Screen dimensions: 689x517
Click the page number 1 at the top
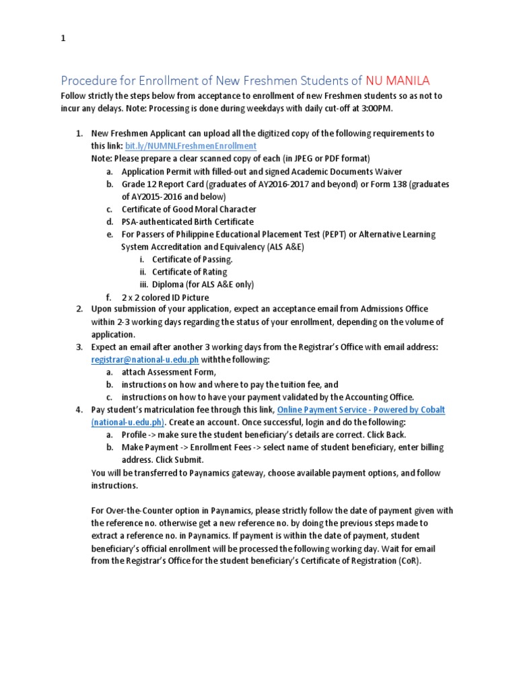pos(63,38)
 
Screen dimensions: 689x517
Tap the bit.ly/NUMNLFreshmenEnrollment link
pos(191,145)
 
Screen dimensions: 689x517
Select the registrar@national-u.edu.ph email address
pos(145,359)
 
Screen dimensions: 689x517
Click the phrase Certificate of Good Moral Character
pos(188,209)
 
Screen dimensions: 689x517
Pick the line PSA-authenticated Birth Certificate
pos(187,221)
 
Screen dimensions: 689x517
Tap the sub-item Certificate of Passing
pos(193,259)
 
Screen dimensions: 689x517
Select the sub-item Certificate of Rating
pos(189,272)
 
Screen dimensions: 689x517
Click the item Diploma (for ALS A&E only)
pos(203,284)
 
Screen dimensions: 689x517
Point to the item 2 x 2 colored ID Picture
pos(165,297)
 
